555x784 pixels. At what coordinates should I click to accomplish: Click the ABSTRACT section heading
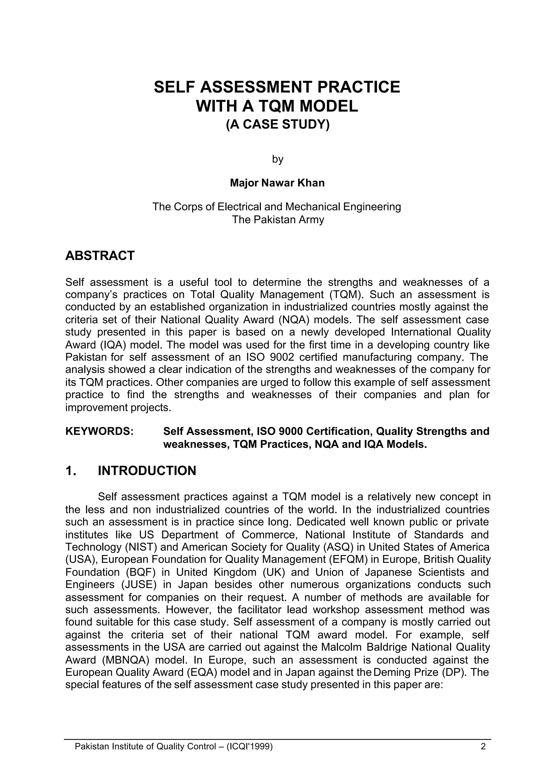(x=100, y=256)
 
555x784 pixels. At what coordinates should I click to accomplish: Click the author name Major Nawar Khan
(x=277, y=183)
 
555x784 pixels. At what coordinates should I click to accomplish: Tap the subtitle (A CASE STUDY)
(x=277, y=124)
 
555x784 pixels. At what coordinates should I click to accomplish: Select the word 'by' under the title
(x=277, y=159)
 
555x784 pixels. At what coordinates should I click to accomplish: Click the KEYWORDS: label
(x=99, y=431)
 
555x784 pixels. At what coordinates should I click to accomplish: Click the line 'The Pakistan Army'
(x=277, y=219)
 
